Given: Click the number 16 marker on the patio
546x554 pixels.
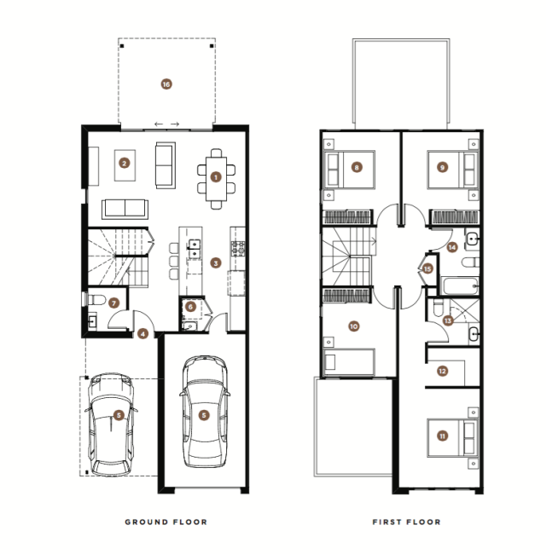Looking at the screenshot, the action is click(166, 84).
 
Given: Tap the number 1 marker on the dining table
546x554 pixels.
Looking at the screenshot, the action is click(216, 177).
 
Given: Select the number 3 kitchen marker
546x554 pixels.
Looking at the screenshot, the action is click(216, 263).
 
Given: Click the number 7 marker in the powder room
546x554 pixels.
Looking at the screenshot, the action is click(113, 303).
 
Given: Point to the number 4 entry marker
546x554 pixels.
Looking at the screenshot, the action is click(142, 333).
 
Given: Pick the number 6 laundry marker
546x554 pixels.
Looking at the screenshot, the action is click(190, 307).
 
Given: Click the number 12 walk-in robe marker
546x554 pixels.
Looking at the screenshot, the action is click(443, 371).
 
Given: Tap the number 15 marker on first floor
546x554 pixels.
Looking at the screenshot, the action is click(427, 268).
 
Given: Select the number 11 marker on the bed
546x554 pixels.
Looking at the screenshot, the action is click(443, 436).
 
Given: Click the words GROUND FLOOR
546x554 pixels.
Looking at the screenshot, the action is click(166, 522).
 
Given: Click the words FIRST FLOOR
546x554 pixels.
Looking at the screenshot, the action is click(407, 522).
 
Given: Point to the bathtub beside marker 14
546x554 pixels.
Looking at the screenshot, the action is click(461, 286).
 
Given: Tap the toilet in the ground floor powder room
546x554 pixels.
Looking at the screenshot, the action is click(96, 300).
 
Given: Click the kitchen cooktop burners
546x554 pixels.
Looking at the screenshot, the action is click(238, 248).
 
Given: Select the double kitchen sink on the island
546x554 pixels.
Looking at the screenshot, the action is click(195, 249).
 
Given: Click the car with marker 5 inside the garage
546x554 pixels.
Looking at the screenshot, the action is click(205, 412).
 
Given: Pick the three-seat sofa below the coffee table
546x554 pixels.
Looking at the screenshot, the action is click(125, 209).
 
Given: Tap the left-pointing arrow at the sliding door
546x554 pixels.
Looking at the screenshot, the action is click(159, 124).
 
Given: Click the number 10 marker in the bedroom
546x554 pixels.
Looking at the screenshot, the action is click(354, 326).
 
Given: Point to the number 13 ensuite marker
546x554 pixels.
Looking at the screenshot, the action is click(448, 320).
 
